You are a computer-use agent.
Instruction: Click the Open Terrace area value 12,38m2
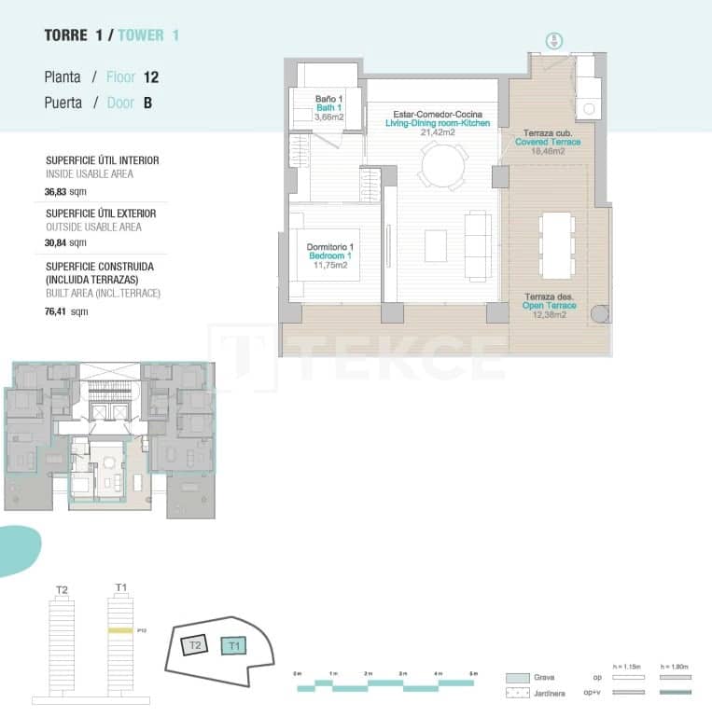tap(548, 313)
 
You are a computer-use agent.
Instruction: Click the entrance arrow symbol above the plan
tap(553, 40)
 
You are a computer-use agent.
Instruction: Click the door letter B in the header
tap(147, 103)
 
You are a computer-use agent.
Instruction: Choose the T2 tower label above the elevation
tap(63, 589)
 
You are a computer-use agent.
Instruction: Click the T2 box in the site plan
tap(194, 645)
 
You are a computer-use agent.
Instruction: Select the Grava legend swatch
tap(517, 678)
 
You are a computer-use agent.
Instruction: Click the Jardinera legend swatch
tap(517, 693)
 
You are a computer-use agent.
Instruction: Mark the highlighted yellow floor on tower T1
tap(119, 631)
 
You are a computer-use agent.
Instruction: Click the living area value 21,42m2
tap(438, 132)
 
